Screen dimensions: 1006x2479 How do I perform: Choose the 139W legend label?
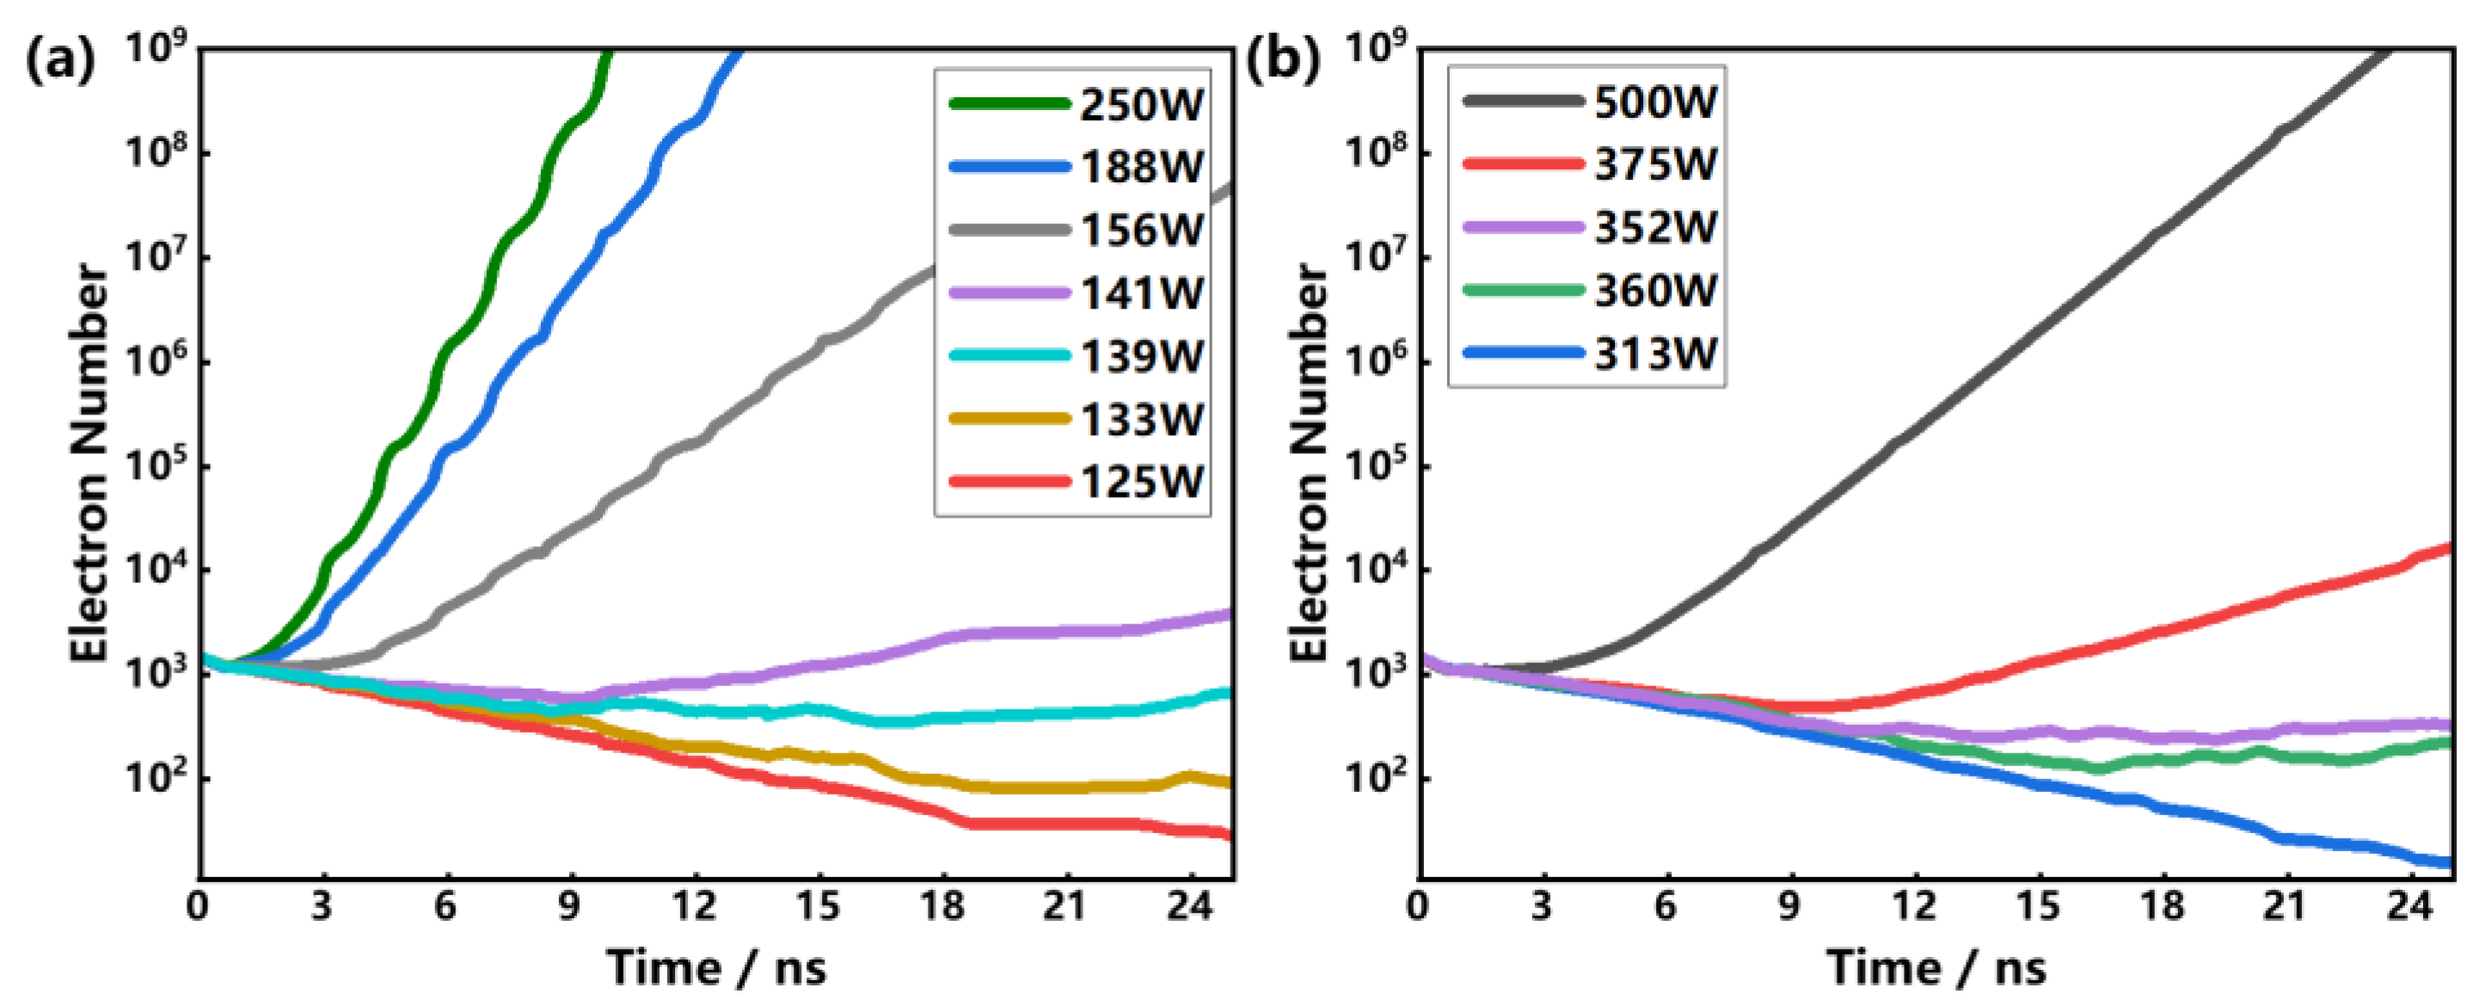tap(1140, 356)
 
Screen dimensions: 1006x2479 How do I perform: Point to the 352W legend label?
tap(1654, 227)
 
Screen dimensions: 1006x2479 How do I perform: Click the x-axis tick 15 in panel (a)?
tap(817, 906)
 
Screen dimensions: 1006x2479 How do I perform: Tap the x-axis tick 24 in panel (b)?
tap(2409, 906)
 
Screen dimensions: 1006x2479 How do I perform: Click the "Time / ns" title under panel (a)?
tap(716, 966)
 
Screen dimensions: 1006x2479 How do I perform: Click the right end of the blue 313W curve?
tap(2448, 862)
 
